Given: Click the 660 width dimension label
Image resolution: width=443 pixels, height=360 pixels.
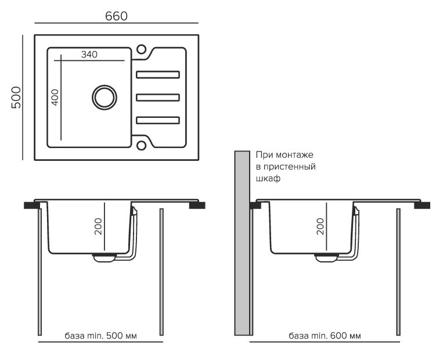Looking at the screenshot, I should point(116,16).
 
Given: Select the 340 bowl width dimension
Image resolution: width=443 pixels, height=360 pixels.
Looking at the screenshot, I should point(89,54).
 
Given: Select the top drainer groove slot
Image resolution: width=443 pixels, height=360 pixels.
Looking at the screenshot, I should point(158,74).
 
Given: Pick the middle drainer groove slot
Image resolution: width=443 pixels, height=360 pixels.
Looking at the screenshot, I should point(158,97).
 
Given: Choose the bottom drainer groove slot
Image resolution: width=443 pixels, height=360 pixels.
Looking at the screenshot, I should point(158,120).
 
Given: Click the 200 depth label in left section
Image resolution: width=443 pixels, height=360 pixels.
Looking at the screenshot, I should point(98,225).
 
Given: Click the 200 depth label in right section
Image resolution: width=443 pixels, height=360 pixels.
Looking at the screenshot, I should point(320,225).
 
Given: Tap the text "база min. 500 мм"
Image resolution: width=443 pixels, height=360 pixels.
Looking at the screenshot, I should point(102,336).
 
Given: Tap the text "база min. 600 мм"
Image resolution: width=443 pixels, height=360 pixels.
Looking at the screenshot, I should point(325,336).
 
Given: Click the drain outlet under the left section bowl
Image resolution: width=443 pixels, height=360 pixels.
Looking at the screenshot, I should point(105,258).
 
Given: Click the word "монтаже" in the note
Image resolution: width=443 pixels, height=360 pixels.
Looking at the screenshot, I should point(294,155).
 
